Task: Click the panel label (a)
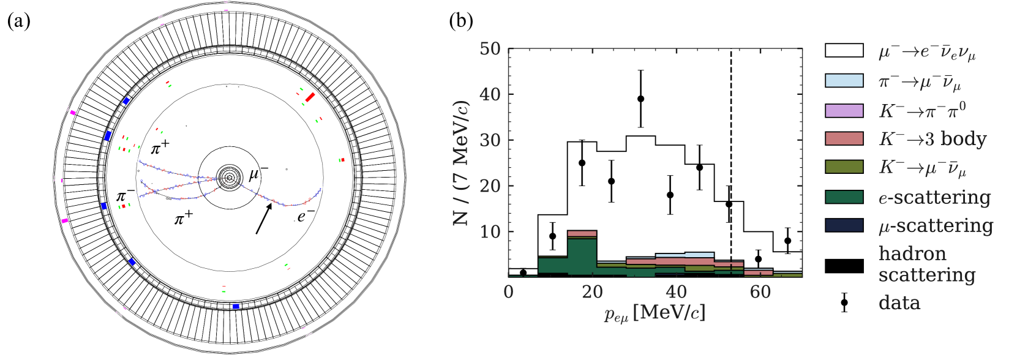[x=18, y=21]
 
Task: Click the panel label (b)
[x=461, y=21]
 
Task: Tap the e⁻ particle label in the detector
[x=306, y=216]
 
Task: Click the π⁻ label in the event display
[x=125, y=196]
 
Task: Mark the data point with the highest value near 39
[x=640, y=99]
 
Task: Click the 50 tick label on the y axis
[x=490, y=48]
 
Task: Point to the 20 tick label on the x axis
[x=592, y=292]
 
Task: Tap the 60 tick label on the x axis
[x=760, y=292]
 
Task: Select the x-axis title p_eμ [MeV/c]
[x=655, y=313]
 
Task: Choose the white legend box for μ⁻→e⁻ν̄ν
[x=844, y=51]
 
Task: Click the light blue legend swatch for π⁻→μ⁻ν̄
[x=844, y=81]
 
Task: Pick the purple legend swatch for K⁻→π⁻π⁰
[x=844, y=110]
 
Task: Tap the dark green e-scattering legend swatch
[x=844, y=197]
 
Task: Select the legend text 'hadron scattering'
[x=926, y=264]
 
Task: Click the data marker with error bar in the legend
[x=844, y=302]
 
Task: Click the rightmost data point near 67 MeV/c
[x=787, y=241]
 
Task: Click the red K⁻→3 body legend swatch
[x=844, y=139]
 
